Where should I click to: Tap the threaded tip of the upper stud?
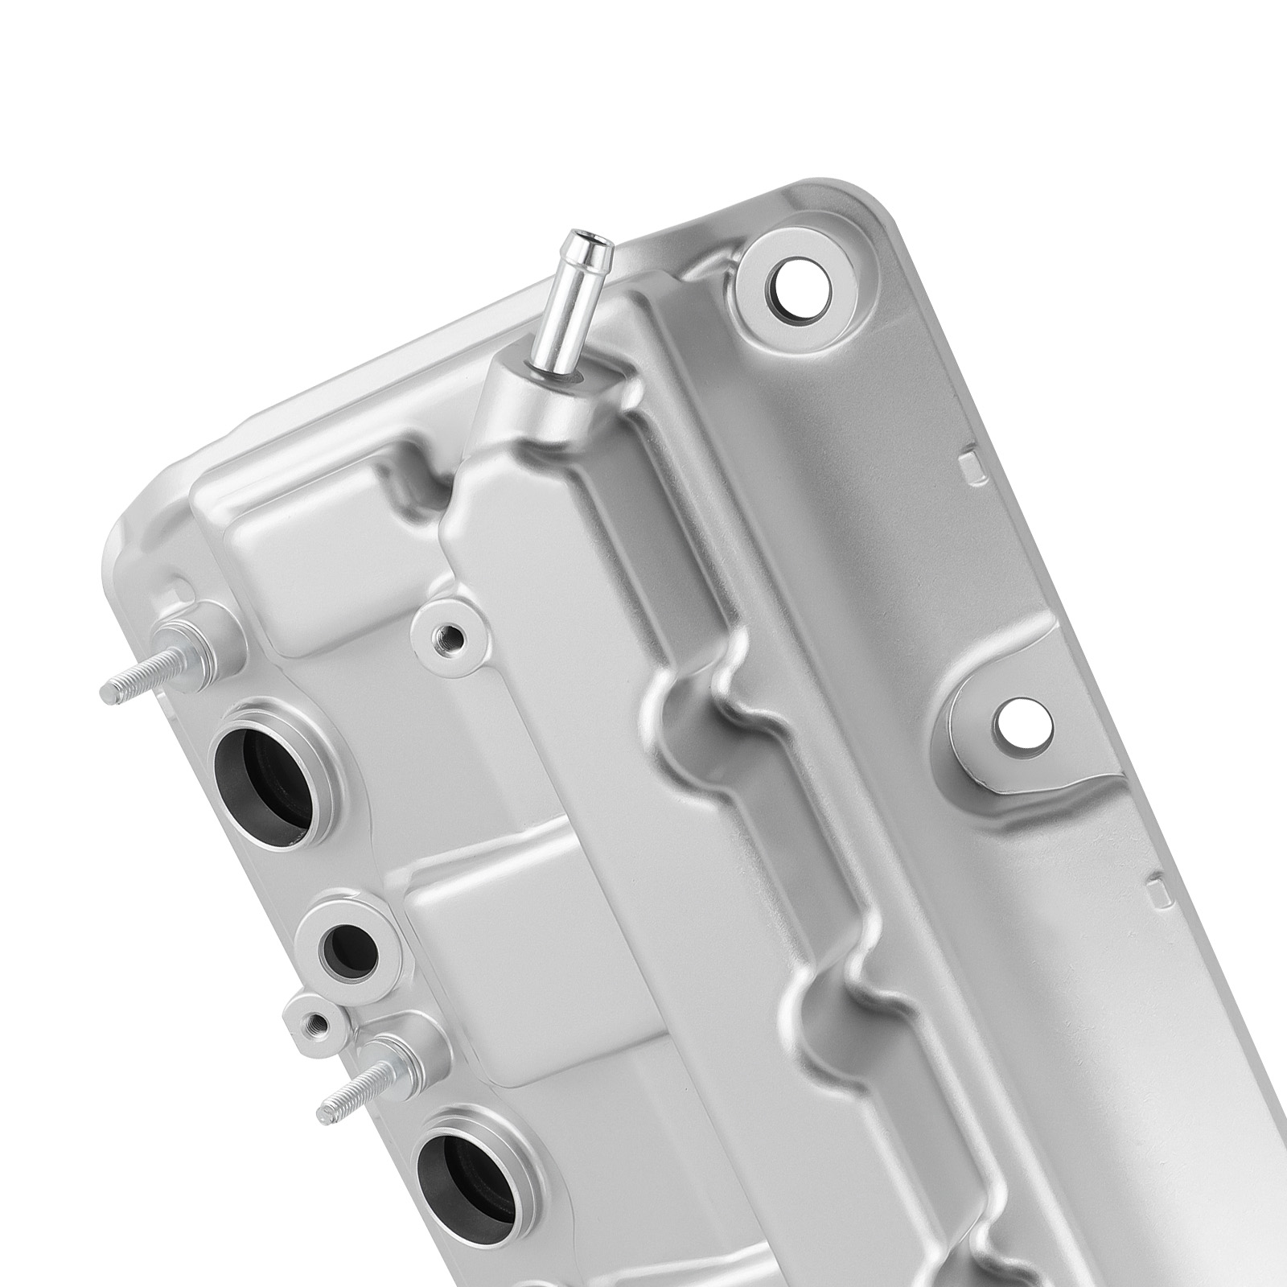pos(113,689)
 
